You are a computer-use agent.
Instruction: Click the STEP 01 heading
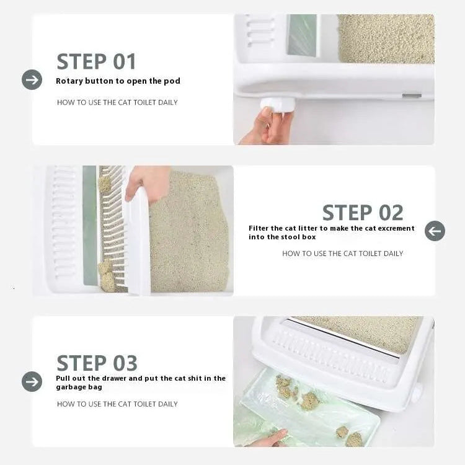[96, 61]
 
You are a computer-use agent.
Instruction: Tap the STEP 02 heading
[363, 213]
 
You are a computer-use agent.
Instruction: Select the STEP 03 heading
[97, 363]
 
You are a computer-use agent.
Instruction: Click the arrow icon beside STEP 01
[32, 80]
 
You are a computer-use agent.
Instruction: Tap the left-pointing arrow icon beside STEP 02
[435, 231]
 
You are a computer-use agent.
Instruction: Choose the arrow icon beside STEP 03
[32, 381]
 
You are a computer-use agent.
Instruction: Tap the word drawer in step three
[114, 378]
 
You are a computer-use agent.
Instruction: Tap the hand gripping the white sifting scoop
[147, 182]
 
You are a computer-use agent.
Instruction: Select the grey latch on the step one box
[412, 95]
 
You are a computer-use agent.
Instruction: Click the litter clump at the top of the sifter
[104, 184]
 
